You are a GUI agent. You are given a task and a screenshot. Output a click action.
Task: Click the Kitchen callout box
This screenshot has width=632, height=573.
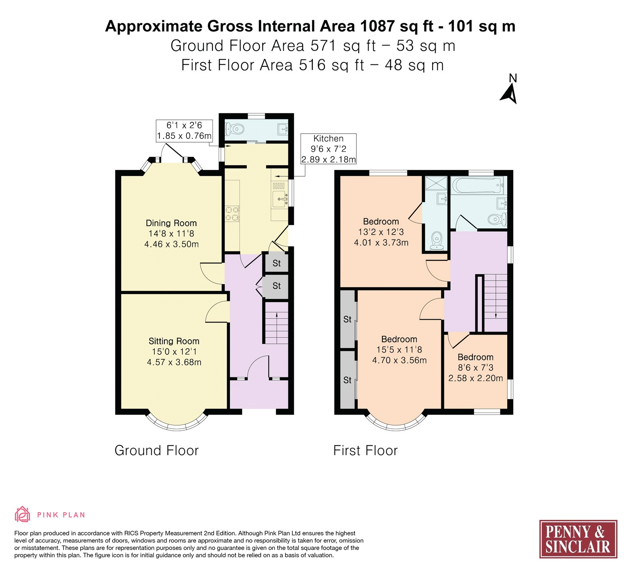click(x=328, y=149)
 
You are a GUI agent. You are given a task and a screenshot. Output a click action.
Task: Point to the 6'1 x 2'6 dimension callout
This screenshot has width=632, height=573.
click(x=184, y=130)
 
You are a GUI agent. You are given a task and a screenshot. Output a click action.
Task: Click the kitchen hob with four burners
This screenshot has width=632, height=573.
click(x=232, y=213)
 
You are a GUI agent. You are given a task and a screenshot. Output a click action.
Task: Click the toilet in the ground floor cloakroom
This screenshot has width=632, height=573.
click(x=235, y=129)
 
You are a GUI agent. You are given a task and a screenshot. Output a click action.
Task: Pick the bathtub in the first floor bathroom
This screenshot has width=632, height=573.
click(x=478, y=185)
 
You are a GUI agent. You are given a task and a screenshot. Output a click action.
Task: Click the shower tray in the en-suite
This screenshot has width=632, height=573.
click(x=436, y=184)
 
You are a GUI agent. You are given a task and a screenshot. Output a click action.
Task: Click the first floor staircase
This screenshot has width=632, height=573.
click(x=495, y=303)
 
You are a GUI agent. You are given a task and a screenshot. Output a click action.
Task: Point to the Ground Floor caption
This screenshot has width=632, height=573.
click(x=156, y=450)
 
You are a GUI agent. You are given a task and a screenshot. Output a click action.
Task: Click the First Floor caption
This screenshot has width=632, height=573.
click(x=365, y=450)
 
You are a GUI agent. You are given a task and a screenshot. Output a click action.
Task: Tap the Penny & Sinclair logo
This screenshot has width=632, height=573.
click(x=578, y=539)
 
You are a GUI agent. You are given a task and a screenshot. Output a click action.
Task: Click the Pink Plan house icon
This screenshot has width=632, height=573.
click(x=23, y=515)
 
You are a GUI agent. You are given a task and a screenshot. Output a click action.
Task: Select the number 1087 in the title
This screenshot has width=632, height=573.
click(x=377, y=26)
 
